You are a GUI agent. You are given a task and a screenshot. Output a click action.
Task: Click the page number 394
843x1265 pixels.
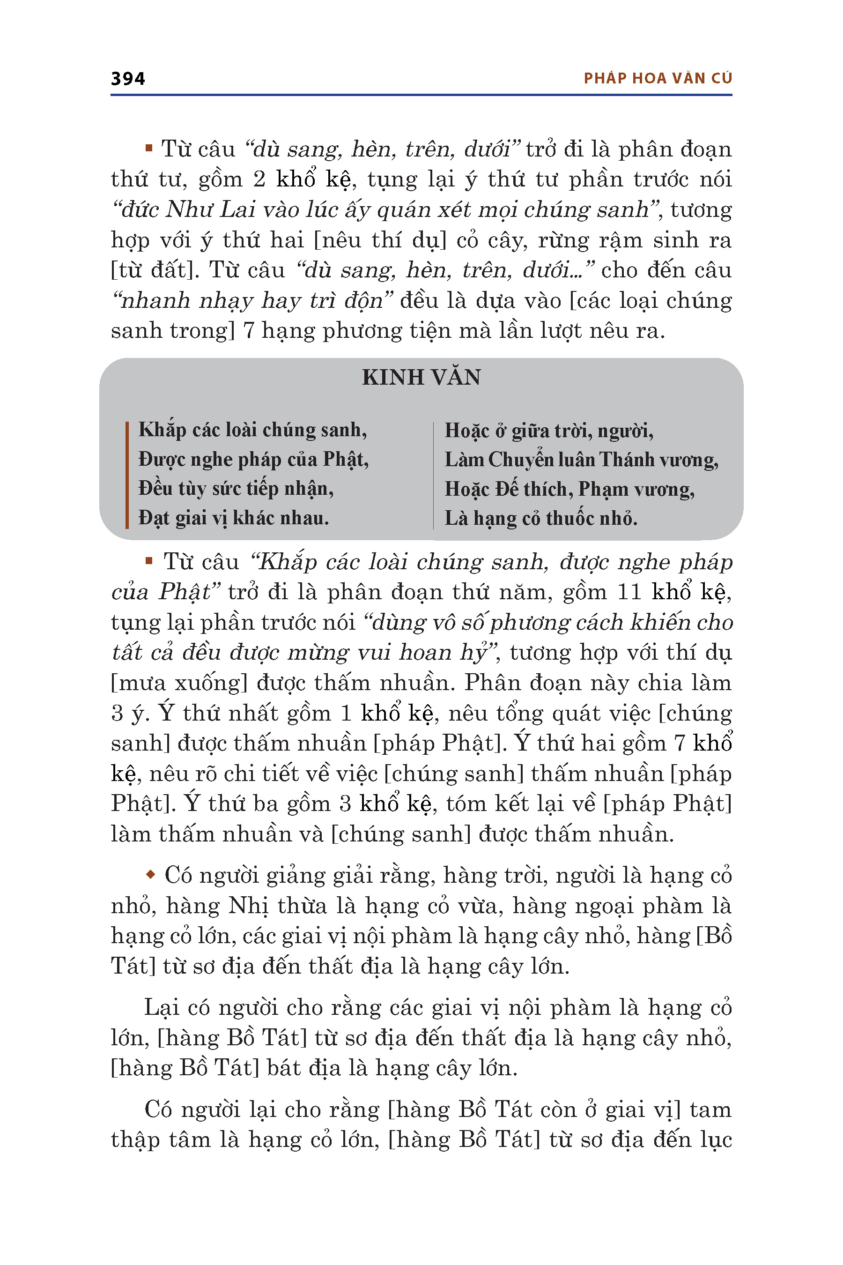pyautogui.click(x=127, y=79)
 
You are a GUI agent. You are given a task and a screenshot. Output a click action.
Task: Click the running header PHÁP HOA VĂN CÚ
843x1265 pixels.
pyautogui.click(x=658, y=79)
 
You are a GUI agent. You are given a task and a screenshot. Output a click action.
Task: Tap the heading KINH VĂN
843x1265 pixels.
pyautogui.click(x=421, y=377)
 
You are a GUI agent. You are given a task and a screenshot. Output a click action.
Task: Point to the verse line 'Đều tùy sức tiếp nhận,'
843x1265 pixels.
pyautogui.click(x=236, y=488)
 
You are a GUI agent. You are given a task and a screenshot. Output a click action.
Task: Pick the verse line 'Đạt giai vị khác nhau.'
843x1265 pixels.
pyautogui.click(x=233, y=518)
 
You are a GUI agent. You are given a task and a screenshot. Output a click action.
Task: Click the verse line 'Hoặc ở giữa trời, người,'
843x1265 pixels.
pyautogui.click(x=549, y=431)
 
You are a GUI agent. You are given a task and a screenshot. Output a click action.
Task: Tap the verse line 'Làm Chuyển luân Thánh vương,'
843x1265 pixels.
pyautogui.click(x=581, y=460)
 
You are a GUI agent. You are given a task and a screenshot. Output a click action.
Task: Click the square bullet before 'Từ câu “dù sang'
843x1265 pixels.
pyautogui.click(x=149, y=148)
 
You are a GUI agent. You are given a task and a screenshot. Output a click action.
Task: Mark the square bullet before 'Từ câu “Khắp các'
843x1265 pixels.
pyautogui.click(x=149, y=561)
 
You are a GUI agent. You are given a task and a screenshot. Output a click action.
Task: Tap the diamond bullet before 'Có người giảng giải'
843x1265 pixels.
pyautogui.click(x=150, y=875)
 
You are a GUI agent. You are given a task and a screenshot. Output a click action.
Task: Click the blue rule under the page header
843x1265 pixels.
pyautogui.click(x=421, y=95)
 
